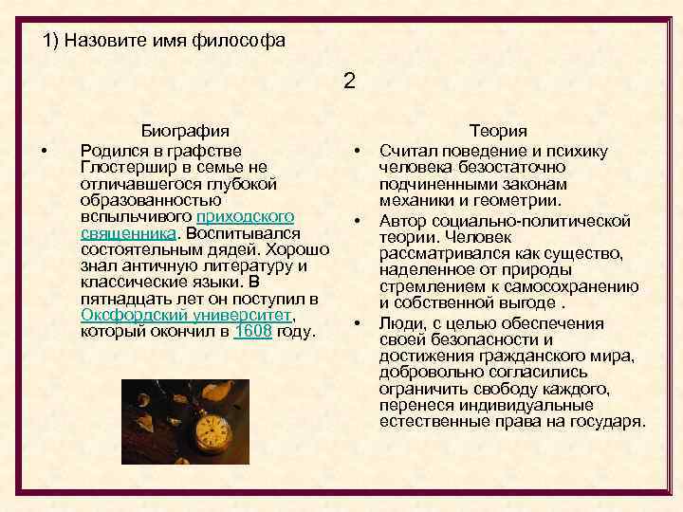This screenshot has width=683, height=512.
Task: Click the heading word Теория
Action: (x=499, y=131)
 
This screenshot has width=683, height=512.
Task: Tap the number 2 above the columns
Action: (x=349, y=81)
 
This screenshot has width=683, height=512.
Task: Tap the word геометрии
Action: (x=526, y=200)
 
